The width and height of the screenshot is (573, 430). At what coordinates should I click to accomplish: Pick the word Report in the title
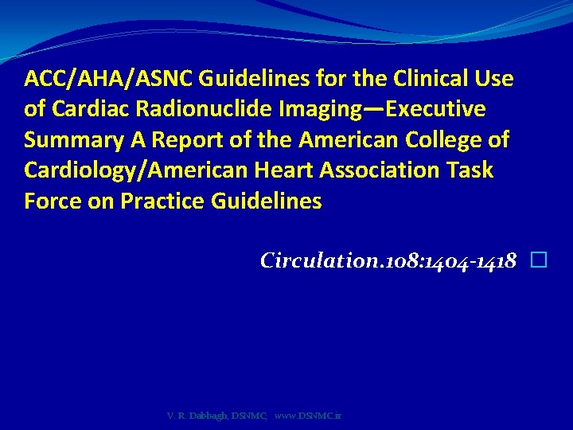click(184, 140)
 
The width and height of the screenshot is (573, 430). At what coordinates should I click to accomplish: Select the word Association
click(376, 170)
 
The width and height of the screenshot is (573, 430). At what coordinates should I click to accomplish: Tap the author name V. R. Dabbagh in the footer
click(197, 415)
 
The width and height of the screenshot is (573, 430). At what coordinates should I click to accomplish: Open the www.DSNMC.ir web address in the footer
click(308, 415)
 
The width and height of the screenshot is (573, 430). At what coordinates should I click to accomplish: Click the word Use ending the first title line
click(494, 79)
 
